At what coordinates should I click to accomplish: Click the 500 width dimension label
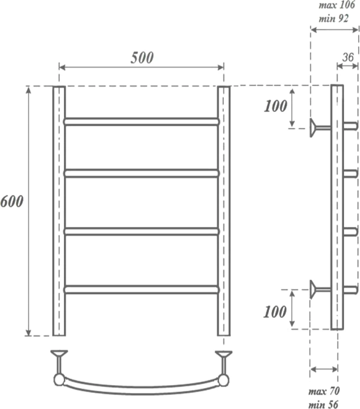pos(142,57)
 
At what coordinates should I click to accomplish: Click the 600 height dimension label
pos(12,202)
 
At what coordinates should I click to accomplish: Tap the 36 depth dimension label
pos(348,57)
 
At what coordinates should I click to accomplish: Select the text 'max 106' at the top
pos(337,5)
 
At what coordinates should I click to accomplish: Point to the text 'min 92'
pos(333,18)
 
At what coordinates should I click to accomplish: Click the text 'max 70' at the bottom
pos(324,391)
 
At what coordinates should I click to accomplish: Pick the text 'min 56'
pos(323,404)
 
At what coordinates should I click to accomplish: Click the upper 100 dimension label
pos(275,106)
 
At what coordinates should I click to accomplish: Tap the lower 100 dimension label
pos(275,312)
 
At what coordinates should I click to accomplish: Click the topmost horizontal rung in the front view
pos(142,122)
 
